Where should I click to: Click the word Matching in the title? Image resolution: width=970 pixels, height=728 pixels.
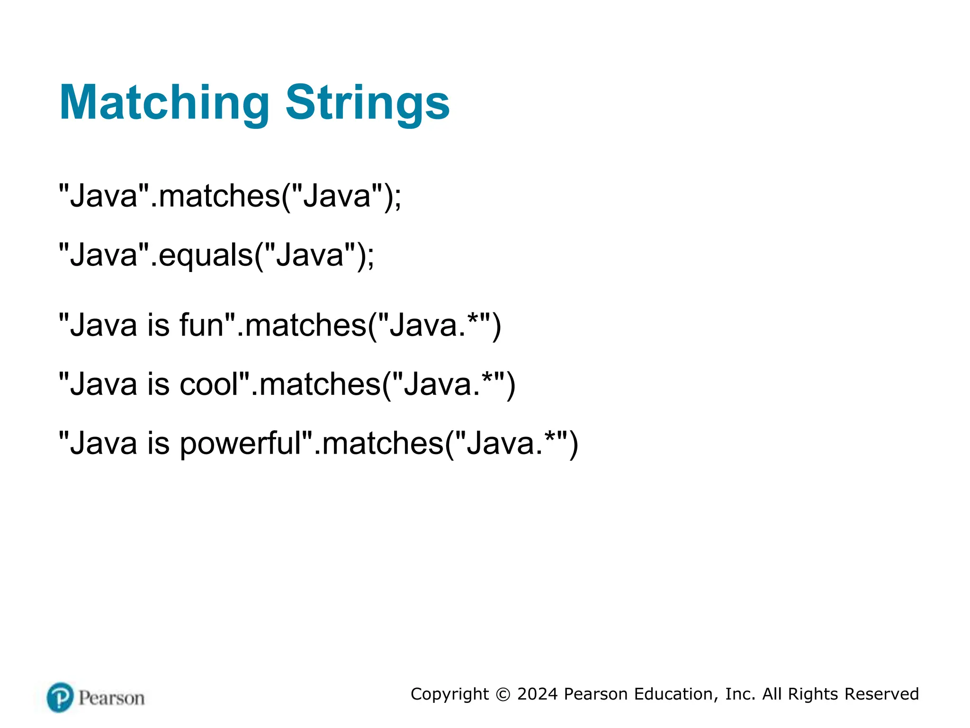(x=164, y=103)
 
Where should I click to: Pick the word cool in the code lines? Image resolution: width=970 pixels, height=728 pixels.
(x=209, y=384)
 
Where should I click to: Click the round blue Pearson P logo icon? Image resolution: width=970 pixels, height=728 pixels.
(x=60, y=697)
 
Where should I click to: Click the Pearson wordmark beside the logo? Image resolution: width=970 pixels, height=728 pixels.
(x=112, y=698)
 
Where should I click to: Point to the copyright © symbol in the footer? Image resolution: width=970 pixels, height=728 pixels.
(x=503, y=694)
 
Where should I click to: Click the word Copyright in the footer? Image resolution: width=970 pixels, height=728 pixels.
(x=449, y=694)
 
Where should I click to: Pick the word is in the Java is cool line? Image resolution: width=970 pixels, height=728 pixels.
(x=158, y=384)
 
